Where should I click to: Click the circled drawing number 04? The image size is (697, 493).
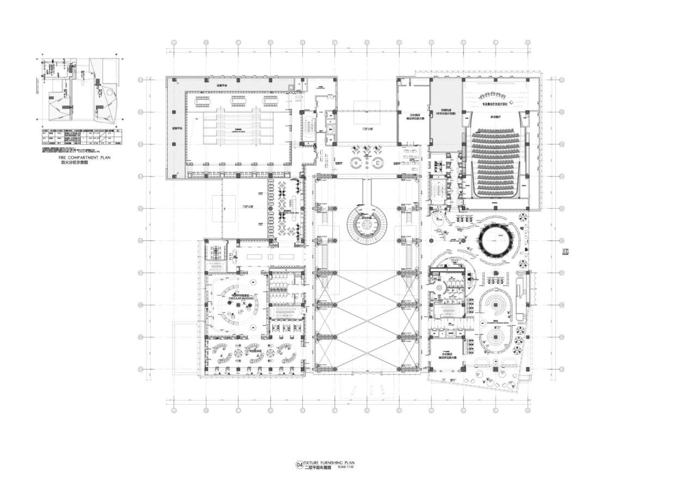pos(299,465)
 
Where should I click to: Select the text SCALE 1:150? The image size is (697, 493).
pos(346,467)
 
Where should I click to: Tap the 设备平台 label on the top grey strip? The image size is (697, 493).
pos(223,86)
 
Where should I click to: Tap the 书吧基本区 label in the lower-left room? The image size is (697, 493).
pos(256,351)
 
